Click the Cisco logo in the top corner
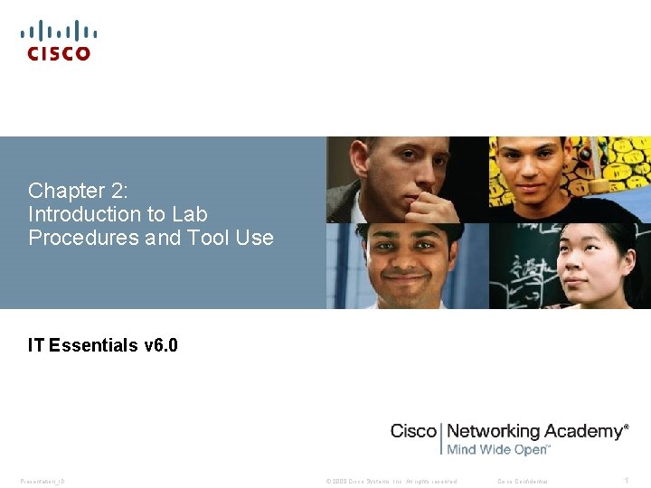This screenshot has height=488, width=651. pyautogui.click(x=59, y=41)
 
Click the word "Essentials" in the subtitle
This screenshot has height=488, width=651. pyautogui.click(x=94, y=345)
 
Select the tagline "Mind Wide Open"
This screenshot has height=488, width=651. pyautogui.click(x=497, y=449)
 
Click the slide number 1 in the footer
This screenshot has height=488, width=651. pyautogui.click(x=626, y=481)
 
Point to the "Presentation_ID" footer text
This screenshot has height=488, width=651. pyautogui.click(x=42, y=481)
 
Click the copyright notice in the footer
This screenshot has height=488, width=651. pyautogui.click(x=391, y=481)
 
